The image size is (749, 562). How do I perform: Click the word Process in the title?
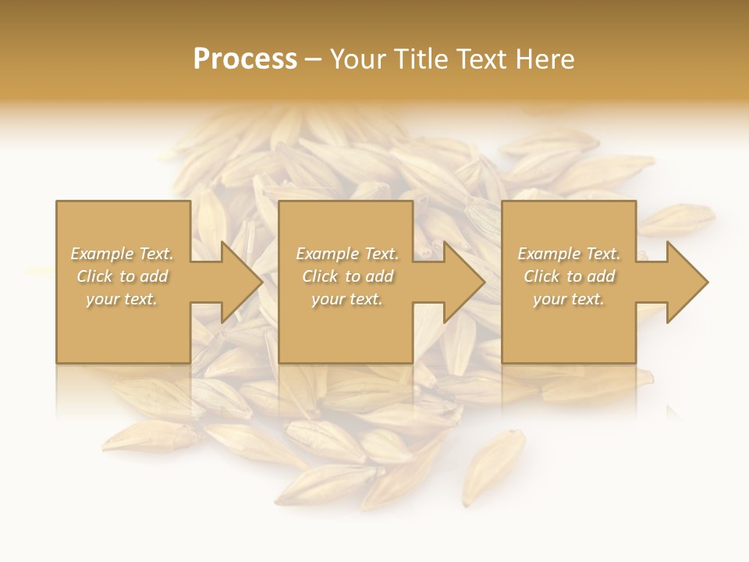click(245, 59)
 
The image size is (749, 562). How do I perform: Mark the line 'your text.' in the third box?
click(568, 299)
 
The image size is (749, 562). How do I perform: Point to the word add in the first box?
click(154, 276)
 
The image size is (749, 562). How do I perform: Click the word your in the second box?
click(328, 299)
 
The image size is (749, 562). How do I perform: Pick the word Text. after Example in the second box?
click(378, 254)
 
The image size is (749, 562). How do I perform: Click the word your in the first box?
click(103, 299)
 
